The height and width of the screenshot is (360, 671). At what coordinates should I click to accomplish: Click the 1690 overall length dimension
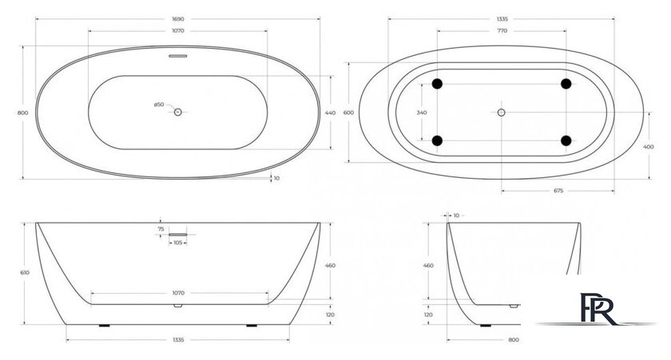[x=178, y=19]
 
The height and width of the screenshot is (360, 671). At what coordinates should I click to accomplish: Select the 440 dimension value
[x=330, y=113]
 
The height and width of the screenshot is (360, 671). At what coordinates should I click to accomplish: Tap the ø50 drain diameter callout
[x=159, y=105]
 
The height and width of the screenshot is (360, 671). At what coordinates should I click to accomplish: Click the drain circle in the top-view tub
[x=178, y=112]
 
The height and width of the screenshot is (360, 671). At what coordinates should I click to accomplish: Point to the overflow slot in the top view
[x=178, y=56]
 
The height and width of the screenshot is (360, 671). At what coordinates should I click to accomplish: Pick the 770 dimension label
[x=502, y=31]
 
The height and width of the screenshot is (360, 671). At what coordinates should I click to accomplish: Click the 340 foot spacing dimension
[x=422, y=113]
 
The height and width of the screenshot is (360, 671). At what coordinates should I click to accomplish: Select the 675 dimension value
[x=558, y=191]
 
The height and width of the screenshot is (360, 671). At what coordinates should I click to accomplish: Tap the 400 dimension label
[x=649, y=147]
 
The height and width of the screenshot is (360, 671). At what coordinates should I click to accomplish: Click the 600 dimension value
[x=348, y=113]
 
